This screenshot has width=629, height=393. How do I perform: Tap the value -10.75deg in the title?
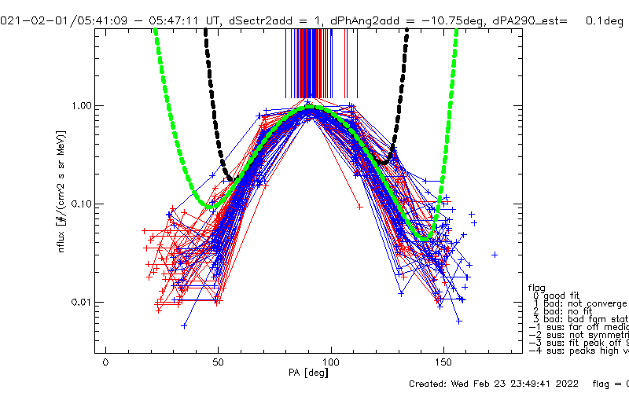pyautogui.click(x=437, y=21)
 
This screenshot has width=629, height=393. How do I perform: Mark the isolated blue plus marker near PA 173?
pyautogui.click(x=495, y=255)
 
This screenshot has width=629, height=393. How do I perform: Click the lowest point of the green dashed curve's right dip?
pyautogui.click(x=425, y=237)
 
